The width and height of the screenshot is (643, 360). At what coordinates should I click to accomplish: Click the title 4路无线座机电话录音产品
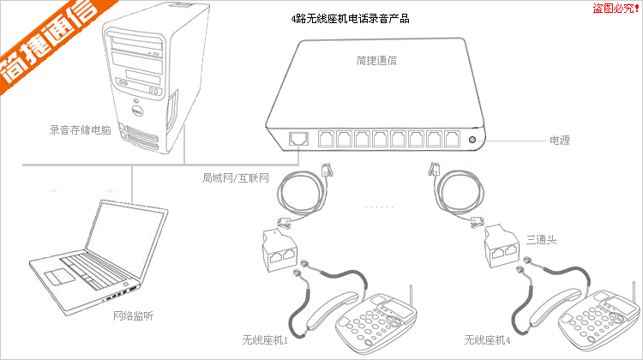[350, 17]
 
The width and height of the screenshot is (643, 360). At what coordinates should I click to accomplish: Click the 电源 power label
[560, 139]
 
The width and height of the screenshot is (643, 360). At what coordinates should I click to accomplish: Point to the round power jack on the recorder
[472, 138]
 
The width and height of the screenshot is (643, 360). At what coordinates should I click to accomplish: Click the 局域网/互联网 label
[236, 178]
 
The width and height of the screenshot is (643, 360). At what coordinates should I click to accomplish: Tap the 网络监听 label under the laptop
[134, 316]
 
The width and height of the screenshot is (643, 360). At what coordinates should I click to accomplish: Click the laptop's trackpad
[60, 276]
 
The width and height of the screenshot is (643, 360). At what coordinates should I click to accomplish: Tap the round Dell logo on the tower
[135, 111]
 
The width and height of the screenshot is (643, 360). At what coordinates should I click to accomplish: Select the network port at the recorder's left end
[300, 138]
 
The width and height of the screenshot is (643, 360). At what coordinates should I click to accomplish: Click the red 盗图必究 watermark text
[616, 8]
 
